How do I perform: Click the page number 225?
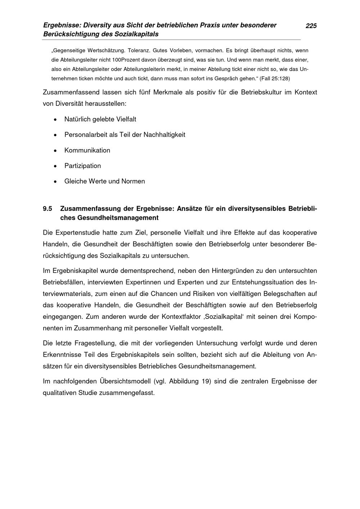coord(311,26)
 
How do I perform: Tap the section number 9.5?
coord(48,209)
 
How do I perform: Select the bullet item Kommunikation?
coord(87,150)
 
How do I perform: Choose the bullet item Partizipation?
coord(82,166)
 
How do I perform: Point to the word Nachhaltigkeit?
coord(165,135)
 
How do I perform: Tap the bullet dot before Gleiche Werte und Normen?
coord(55,182)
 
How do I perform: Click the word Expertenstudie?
coord(77,233)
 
